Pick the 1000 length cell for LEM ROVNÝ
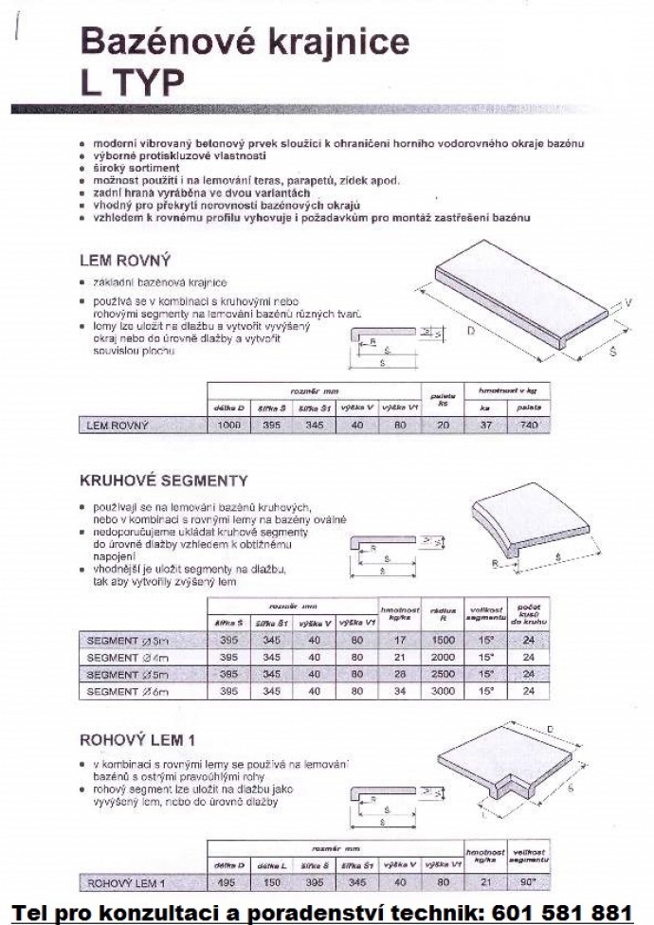coord(229,426)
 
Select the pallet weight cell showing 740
coord(524,426)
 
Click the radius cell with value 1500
coord(443,641)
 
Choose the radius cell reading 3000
coord(443,692)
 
